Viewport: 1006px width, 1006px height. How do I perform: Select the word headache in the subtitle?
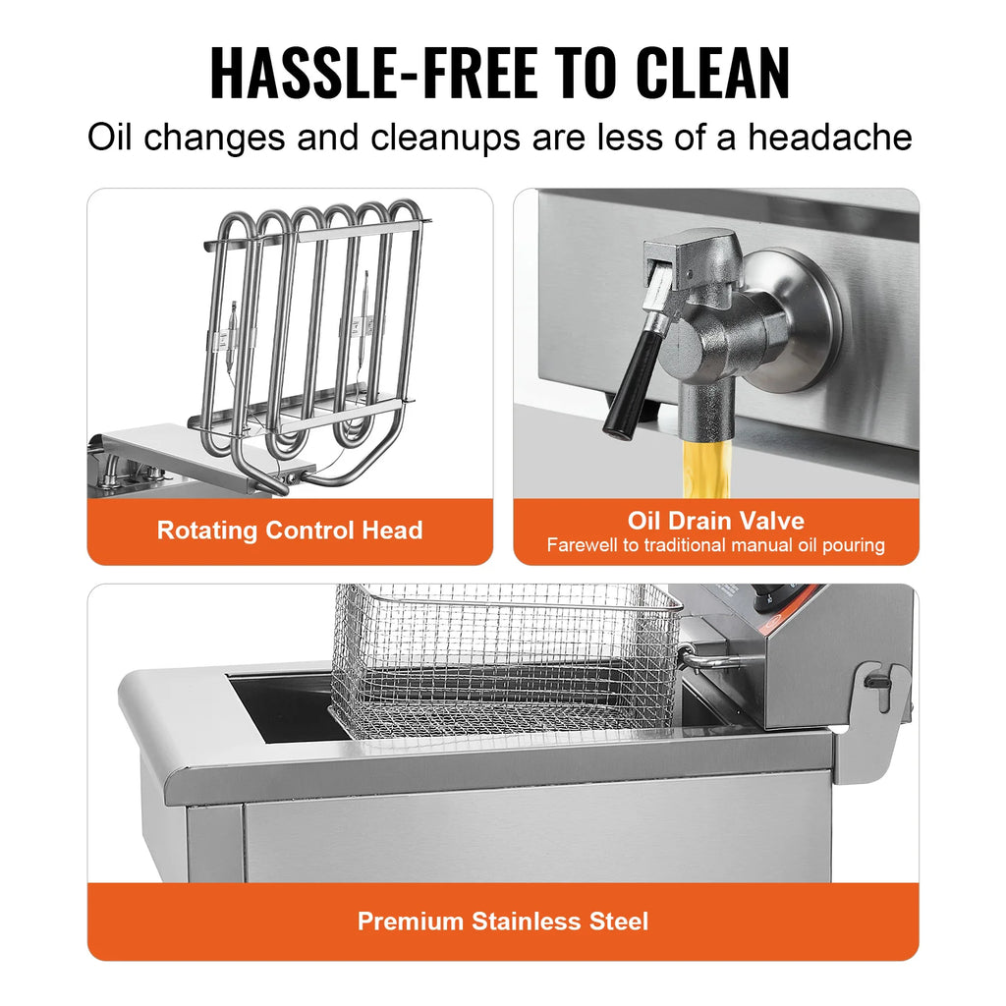pyautogui.click(x=829, y=138)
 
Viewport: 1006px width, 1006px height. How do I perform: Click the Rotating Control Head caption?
pyautogui.click(x=290, y=531)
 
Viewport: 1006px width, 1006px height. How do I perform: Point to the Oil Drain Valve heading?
pyautogui.click(x=715, y=521)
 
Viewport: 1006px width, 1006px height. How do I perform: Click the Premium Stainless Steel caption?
pyautogui.click(x=502, y=921)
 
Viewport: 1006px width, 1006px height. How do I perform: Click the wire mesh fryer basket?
pyautogui.click(x=506, y=653)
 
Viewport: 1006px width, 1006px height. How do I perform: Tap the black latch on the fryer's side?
pyautogui.click(x=877, y=678)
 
